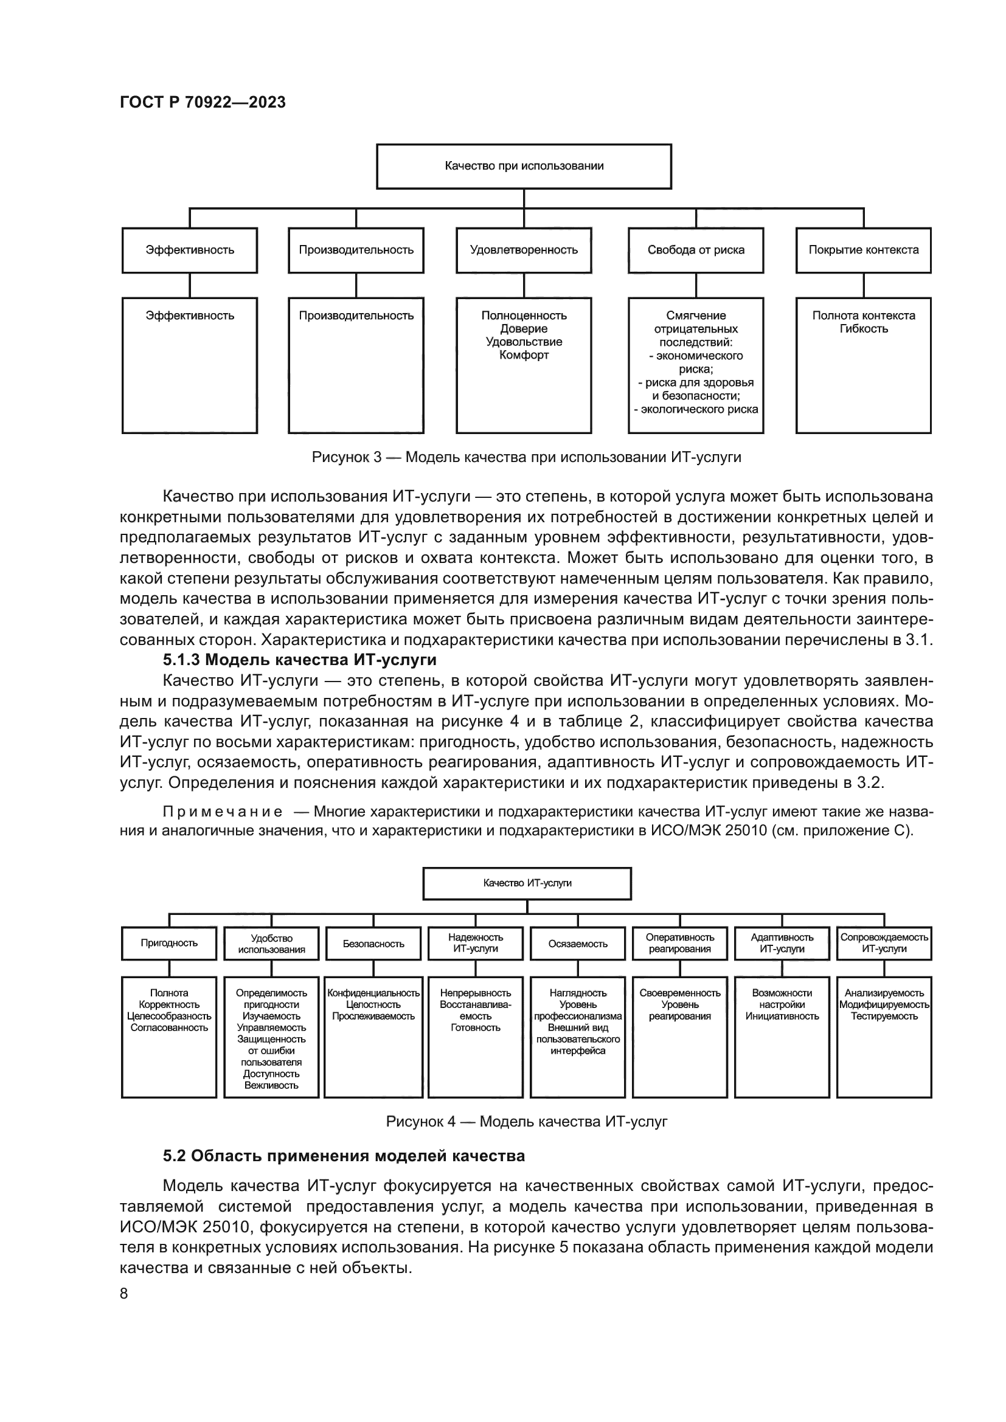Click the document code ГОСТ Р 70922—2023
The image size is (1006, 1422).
203,102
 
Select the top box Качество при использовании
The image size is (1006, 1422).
524,166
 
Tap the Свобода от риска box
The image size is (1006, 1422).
696,250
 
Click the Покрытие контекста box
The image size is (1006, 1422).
863,250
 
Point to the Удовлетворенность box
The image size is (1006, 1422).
524,250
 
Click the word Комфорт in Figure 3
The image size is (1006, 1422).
524,356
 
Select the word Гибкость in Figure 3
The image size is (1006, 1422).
864,329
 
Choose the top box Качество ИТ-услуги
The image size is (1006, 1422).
527,883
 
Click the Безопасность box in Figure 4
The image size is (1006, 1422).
373,944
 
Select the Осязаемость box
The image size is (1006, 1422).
577,944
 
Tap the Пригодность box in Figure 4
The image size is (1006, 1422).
169,944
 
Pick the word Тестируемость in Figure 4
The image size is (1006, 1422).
884,1016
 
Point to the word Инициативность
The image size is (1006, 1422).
782,1016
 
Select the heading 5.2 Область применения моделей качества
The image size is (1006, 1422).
344,1156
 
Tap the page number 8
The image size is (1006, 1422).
124,1294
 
